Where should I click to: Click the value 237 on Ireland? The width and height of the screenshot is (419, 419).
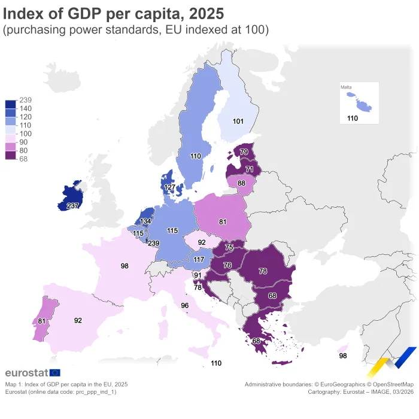(73, 206)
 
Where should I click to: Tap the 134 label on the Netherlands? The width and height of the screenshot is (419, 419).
(146, 221)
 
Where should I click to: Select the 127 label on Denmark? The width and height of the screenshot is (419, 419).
(171, 187)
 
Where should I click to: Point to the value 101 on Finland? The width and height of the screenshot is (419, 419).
(238, 122)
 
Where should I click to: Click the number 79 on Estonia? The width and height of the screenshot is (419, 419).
(244, 153)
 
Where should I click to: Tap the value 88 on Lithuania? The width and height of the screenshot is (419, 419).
(241, 183)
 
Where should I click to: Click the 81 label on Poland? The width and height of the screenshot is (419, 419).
(223, 221)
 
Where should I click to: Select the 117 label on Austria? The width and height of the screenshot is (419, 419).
(199, 259)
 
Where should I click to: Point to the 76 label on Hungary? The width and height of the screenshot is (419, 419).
(227, 265)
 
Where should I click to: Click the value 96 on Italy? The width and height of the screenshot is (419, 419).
(185, 305)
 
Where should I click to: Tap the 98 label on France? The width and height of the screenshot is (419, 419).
(125, 266)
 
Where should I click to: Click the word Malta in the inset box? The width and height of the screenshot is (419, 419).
(346, 87)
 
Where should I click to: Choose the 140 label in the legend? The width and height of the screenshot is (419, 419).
(25, 108)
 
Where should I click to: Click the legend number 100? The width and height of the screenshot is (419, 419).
(25, 133)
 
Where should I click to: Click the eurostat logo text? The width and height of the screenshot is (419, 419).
(26, 374)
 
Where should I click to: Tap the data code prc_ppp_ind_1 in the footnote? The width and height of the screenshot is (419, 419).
(95, 391)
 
